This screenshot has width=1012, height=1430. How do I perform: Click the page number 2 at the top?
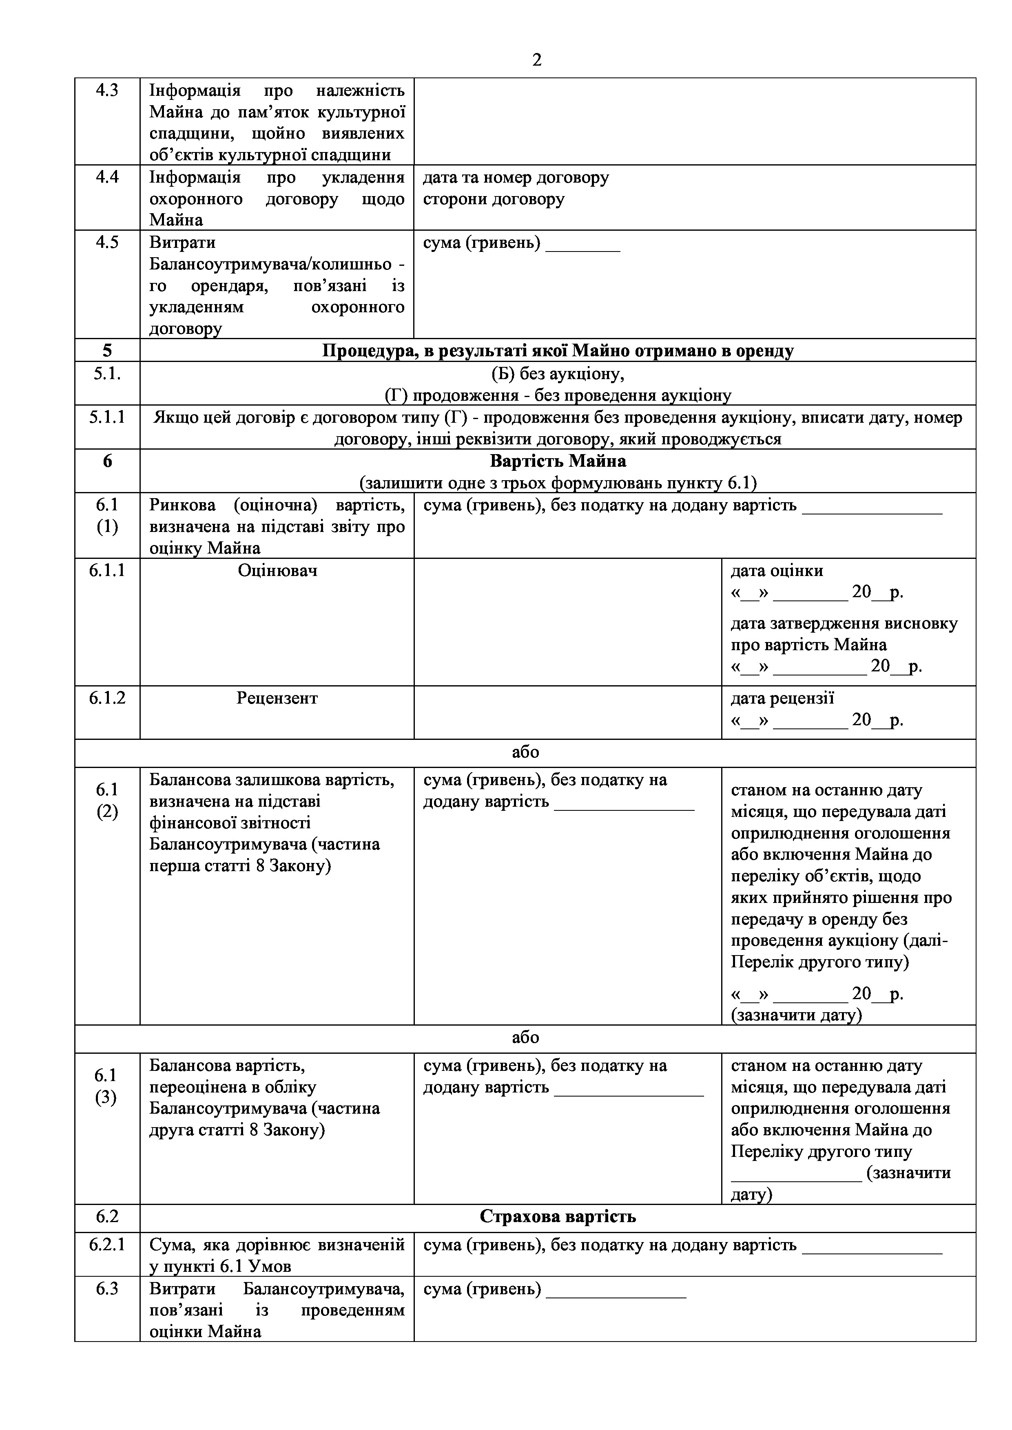536,60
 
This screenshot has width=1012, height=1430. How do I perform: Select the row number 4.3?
107,90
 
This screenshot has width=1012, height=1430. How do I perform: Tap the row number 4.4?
107,177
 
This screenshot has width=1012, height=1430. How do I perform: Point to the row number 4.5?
107,242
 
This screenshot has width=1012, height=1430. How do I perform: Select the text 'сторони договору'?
494,199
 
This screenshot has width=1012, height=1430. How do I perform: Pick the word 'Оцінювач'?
277,571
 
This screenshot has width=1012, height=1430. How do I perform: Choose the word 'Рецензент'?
277,698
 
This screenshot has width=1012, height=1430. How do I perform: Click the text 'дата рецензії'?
782,698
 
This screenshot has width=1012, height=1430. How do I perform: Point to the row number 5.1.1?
107,417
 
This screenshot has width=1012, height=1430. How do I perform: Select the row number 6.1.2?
107,698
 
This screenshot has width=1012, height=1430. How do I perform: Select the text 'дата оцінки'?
777,571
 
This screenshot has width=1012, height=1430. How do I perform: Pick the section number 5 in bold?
107,351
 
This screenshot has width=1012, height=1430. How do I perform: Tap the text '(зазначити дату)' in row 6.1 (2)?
796,1015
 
